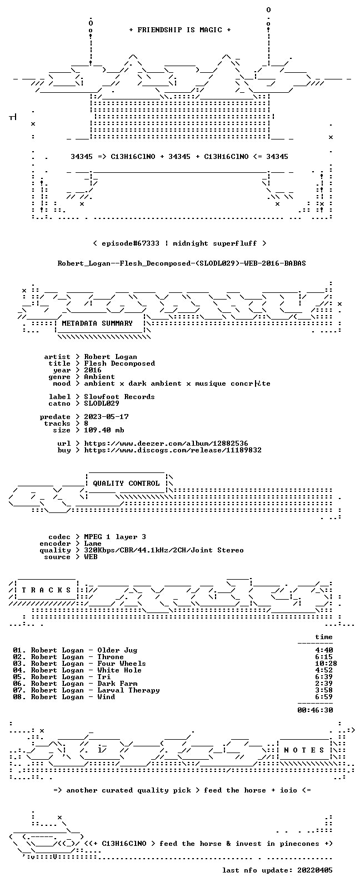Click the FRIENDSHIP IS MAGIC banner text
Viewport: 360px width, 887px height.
pyautogui.click(x=180, y=29)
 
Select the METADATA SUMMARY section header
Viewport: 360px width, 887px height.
pyautogui.click(x=97, y=323)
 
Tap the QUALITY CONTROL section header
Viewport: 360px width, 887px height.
pyautogui.click(x=126, y=483)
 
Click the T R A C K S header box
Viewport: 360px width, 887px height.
pyautogui.click(x=46, y=590)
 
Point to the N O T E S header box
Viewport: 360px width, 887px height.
pyautogui.click(x=304, y=750)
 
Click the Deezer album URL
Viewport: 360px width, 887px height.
pyautogui.click(x=166, y=443)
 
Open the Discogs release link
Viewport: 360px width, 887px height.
pyautogui.click(x=173, y=450)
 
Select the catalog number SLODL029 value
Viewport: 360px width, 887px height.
pyautogui.click(x=101, y=403)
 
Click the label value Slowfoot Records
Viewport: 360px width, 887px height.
pyautogui.click(x=119, y=397)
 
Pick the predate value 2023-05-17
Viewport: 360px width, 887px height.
pyautogui.click(x=106, y=417)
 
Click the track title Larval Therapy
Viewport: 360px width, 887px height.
pyautogui.click(x=128, y=690)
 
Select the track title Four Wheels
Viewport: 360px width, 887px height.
pyautogui.click(x=122, y=664)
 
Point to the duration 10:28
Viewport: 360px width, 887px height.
pyautogui.click(x=326, y=664)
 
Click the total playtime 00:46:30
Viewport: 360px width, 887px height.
pyautogui.click(x=315, y=710)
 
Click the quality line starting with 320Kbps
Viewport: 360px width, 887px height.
pyautogui.click(x=163, y=550)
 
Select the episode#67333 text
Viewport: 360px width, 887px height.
pyautogui.click(x=131, y=243)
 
